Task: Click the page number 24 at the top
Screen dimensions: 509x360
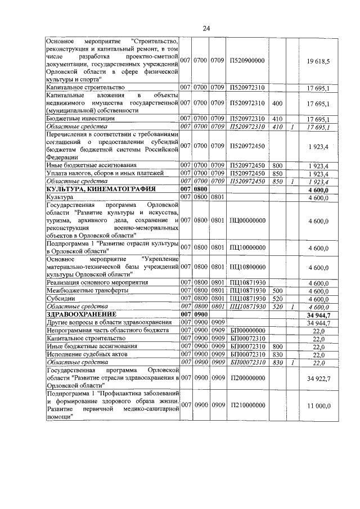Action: click(x=206, y=29)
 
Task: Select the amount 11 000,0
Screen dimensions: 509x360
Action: click(x=318, y=406)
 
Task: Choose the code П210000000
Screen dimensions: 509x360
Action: click(x=246, y=406)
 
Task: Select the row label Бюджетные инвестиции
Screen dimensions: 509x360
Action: click(x=81, y=119)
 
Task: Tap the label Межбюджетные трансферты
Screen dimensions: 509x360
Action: click(x=87, y=290)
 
